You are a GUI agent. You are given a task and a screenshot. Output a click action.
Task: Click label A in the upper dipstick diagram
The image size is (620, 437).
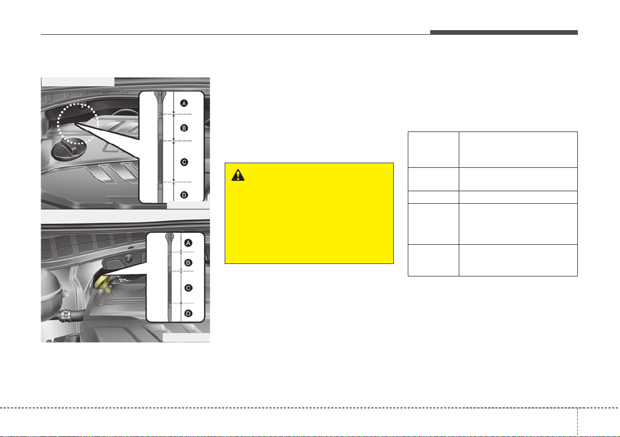tap(184, 103)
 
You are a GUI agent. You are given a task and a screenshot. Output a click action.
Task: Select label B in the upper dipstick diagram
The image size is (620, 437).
tap(184, 128)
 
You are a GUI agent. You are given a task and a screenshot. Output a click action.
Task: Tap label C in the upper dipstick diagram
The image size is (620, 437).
tap(184, 162)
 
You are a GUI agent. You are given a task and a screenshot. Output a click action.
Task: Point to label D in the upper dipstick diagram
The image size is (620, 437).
tap(184, 195)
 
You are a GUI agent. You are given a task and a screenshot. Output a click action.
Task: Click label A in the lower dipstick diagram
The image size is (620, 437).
tap(188, 243)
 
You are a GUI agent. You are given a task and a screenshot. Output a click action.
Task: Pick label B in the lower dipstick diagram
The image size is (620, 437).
tap(188, 263)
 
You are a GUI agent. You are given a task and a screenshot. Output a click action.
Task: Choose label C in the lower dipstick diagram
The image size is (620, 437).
tap(188, 288)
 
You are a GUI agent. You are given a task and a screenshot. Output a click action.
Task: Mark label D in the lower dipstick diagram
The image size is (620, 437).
tap(188, 313)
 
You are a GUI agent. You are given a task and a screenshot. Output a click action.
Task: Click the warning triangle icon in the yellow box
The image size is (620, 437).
tap(238, 175)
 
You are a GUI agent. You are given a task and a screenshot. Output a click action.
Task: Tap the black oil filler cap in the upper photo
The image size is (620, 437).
tap(69, 149)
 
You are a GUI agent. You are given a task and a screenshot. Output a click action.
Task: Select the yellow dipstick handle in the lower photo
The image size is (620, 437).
tap(102, 284)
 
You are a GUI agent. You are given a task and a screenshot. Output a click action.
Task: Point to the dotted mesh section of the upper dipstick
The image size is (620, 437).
tap(160, 162)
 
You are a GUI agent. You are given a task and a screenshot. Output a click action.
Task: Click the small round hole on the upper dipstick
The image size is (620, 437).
tap(160, 114)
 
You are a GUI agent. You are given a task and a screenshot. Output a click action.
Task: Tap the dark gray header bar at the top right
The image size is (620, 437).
tap(503, 32)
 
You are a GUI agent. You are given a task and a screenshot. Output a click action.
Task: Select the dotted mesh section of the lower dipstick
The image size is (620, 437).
tap(170, 287)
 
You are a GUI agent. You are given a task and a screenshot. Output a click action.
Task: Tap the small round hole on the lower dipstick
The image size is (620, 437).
tap(170, 251)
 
